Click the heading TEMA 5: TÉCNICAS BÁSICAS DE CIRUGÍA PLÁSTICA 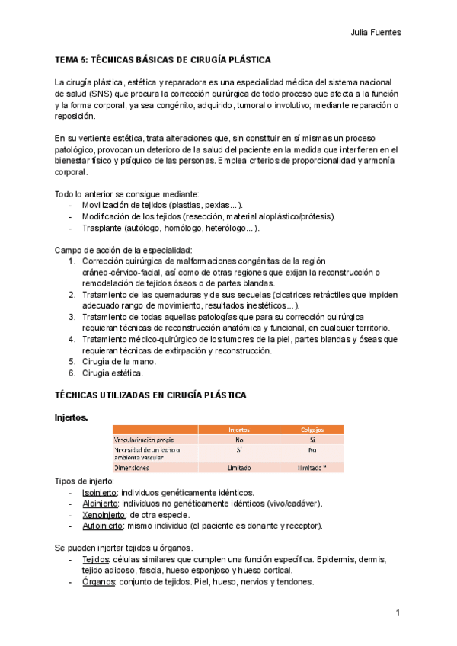[x=163, y=59]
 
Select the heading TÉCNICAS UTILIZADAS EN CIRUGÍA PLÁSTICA [x=149, y=395]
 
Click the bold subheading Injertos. [x=71, y=417]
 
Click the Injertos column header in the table [x=239, y=430]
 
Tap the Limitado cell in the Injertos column [x=239, y=467]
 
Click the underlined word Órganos [x=98, y=582]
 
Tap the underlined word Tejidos [x=97, y=560]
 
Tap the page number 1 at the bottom [x=398, y=613]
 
